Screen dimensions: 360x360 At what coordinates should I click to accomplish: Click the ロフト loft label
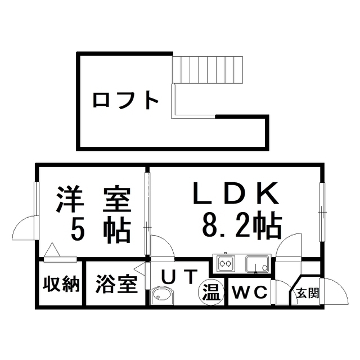pyautogui.click(x=125, y=100)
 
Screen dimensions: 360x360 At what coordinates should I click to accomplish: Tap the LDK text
pyautogui.click(x=236, y=193)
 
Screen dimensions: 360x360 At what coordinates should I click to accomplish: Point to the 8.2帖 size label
pyautogui.click(x=242, y=226)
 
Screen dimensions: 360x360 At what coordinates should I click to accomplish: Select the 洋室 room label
pyautogui.click(x=94, y=199)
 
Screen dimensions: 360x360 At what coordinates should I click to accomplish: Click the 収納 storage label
pyautogui.click(x=61, y=285)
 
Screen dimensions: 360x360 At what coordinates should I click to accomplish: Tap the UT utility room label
pyautogui.click(x=179, y=277)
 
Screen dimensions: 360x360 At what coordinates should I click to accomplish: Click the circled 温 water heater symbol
pyautogui.click(x=211, y=292)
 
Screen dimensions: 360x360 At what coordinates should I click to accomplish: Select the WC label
pyautogui.click(x=250, y=292)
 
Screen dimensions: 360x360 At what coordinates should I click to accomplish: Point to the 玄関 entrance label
pyautogui.click(x=308, y=294)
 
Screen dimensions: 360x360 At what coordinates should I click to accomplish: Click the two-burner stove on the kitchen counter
pyautogui.click(x=226, y=263)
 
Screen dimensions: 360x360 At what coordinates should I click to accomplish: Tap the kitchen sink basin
pyautogui.click(x=257, y=264)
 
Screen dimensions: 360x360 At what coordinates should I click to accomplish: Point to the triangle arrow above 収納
pyautogui.click(x=52, y=250)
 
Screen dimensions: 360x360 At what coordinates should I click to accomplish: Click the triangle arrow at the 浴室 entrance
pyautogui.click(x=139, y=269)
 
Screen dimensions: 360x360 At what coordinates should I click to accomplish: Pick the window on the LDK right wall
pyautogui.click(x=322, y=212)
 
